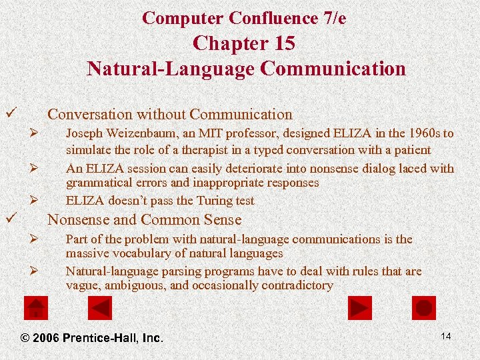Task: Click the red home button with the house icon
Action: tap(35, 308)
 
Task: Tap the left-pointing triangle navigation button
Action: tap(101, 308)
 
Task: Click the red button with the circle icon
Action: tap(424, 308)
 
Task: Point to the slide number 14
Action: tap(446, 336)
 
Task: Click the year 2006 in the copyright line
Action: tap(46, 338)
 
